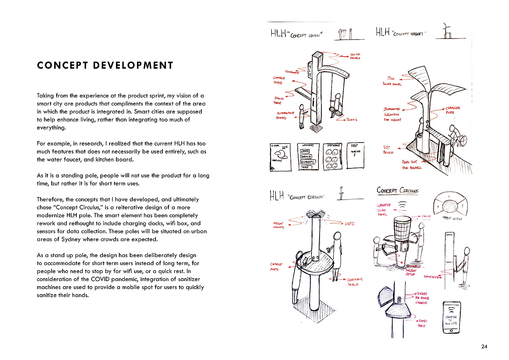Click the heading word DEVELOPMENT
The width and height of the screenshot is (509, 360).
133,65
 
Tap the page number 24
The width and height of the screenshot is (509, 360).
484,347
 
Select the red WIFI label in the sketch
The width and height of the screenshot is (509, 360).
349,224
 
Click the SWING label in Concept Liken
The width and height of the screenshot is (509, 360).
352,120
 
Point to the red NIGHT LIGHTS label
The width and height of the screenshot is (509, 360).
278,225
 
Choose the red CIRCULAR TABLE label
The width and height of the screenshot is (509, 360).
354,282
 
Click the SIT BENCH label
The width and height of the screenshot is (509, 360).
388,150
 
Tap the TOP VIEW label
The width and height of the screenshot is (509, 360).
452,219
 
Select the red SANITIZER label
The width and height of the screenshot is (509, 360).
433,277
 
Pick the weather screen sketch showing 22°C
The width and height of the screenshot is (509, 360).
281,157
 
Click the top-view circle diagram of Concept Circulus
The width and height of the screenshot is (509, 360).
450,205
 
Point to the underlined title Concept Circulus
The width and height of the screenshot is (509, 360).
397,190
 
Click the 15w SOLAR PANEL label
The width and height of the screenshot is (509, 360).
392,81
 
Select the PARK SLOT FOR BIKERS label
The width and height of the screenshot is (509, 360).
411,165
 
